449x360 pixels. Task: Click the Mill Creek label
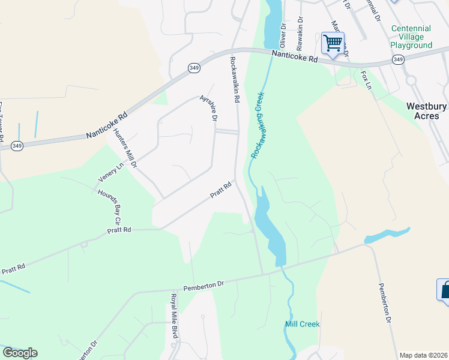point(302,324)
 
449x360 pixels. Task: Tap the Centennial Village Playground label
point(411,37)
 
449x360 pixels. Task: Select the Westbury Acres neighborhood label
point(426,111)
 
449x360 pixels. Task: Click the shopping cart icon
point(333,43)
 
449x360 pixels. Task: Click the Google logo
point(20,353)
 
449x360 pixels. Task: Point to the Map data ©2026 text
point(424,355)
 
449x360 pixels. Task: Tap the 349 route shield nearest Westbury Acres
point(398,59)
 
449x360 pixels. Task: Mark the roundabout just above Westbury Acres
point(411,80)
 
